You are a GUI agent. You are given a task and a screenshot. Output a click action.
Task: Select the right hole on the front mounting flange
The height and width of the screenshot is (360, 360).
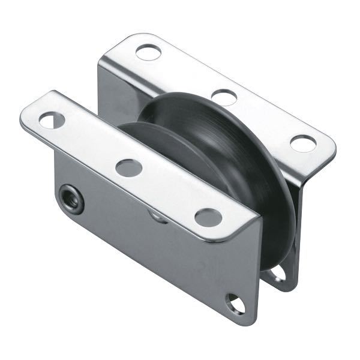[x=209, y=217]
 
